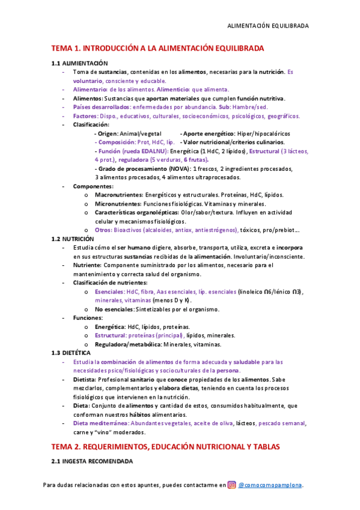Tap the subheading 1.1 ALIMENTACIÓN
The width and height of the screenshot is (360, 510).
point(79,63)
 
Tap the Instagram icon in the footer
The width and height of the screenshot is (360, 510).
point(231,485)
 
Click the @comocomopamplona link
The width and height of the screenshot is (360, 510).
point(270,485)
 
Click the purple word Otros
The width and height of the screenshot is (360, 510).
point(103,230)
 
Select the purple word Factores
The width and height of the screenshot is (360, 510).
point(87,115)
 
